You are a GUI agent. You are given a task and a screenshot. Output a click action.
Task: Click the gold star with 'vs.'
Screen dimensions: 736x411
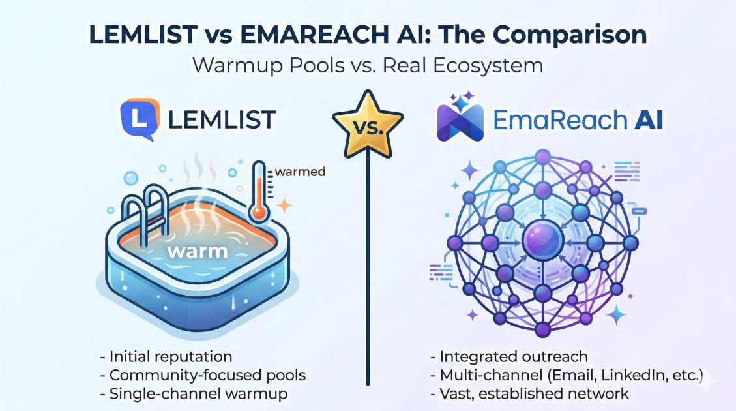[368, 125]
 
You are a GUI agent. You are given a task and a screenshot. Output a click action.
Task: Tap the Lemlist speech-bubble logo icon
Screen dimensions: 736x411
[140, 119]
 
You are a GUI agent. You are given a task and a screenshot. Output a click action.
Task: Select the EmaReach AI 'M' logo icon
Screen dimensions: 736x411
[460, 121]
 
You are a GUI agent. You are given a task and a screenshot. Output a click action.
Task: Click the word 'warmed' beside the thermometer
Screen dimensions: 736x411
[300, 172]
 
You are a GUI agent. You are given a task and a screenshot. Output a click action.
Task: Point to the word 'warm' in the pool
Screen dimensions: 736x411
[197, 251]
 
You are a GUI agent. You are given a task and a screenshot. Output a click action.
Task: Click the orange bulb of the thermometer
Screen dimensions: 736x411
[258, 212]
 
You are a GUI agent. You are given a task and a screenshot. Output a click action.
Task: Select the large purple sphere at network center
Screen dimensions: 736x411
[542, 241]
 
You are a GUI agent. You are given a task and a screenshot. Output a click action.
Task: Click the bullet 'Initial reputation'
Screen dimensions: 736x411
[166, 356]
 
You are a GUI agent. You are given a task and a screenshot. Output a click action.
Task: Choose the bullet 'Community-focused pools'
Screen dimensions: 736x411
[203, 375]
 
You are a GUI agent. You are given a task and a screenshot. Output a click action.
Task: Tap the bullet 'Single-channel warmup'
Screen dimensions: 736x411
[194, 393]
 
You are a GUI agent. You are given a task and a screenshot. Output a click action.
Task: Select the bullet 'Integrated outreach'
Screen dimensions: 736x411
[509, 356]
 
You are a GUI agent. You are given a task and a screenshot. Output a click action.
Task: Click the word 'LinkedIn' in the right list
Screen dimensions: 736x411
[634, 375]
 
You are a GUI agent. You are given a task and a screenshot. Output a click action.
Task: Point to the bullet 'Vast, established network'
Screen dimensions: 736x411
[529, 393]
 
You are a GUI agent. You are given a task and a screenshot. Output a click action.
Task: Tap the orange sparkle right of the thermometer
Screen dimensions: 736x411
[284, 205]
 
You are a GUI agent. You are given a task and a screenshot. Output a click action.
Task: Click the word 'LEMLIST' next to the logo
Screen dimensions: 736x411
[222, 120]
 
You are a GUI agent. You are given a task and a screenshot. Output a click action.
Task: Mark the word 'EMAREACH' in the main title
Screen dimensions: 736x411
[314, 35]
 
